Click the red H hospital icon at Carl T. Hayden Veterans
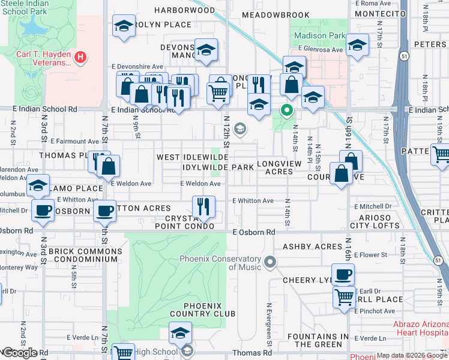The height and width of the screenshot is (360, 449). pos(80,58)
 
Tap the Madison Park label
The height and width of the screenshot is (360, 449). pos(319,35)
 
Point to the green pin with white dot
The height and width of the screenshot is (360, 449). pos(287,110)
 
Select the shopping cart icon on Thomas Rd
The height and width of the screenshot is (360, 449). pos(123,353)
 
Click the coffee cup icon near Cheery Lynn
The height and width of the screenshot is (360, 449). pos(343,275)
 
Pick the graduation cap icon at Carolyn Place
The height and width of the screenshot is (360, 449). pos(124,26)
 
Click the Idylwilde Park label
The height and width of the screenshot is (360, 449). pos(218,167)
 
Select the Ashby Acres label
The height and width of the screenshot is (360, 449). pos(312,247)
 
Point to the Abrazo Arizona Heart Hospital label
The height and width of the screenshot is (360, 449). pos(420,328)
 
